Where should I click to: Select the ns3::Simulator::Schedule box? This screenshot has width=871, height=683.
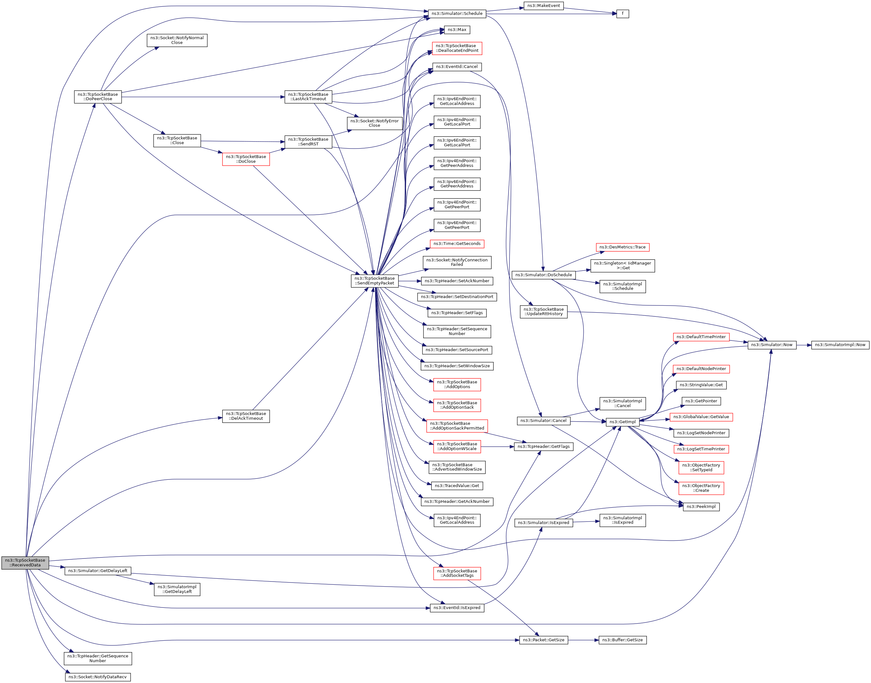tap(457, 14)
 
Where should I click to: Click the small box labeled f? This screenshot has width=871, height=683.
tap(622, 14)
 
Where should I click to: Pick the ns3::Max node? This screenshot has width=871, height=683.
tap(457, 30)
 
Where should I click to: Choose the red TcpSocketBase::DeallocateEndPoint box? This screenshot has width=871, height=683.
tap(457, 48)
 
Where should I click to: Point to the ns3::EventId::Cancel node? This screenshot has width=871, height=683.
tap(457, 67)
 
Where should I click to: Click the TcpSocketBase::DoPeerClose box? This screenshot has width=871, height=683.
tap(98, 97)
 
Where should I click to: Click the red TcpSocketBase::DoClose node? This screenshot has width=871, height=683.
tap(246, 159)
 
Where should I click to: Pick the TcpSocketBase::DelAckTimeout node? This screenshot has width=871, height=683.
tap(246, 416)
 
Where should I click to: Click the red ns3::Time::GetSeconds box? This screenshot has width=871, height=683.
tap(457, 244)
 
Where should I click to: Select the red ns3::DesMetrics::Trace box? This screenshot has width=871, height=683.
tap(622, 247)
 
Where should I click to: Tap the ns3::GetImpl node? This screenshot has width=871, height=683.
tap(622, 422)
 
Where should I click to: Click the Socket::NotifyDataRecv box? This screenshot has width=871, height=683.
tap(98, 677)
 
